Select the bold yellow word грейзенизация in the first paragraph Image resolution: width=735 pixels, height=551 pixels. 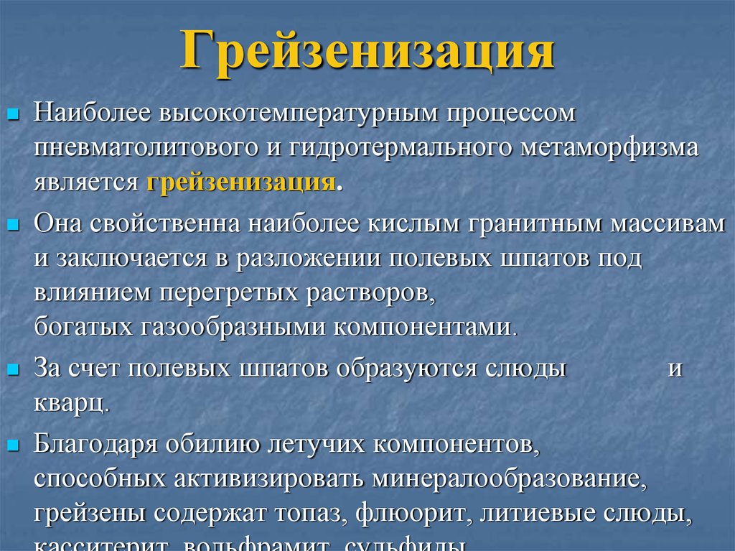241,181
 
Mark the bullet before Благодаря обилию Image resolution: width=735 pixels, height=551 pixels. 14,445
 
